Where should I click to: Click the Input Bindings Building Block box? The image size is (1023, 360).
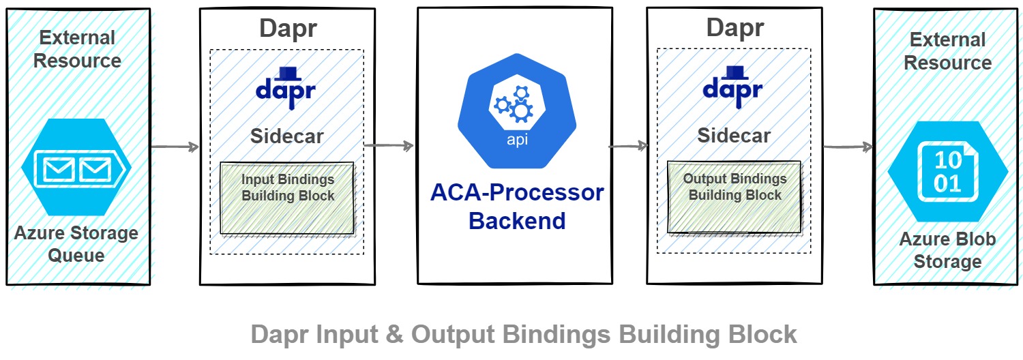[287, 197]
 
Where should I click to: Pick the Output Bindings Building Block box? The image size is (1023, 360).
[735, 196]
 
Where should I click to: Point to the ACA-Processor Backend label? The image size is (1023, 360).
[517, 207]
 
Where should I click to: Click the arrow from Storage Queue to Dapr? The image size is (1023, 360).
[174, 147]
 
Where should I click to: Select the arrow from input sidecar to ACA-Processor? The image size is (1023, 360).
[389, 145]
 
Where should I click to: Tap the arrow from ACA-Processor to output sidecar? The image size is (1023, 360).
[627, 145]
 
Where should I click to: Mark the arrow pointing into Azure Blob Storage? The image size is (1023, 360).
[848, 147]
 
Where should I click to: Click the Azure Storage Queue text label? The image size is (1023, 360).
[76, 244]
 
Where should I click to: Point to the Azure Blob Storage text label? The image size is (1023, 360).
[947, 250]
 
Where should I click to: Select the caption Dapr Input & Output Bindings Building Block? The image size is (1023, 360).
[524, 335]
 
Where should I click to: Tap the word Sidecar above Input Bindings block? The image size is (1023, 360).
[286, 136]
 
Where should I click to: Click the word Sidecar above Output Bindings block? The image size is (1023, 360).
[734, 135]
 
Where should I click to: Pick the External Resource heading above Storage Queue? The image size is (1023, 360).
[77, 49]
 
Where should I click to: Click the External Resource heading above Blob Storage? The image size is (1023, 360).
[947, 51]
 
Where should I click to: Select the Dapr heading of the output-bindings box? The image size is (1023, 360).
[735, 28]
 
